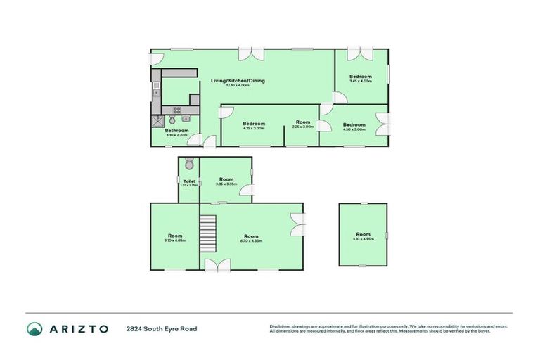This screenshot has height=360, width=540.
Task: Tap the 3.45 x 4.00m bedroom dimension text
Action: pos(360,82)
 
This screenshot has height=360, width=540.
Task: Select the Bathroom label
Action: pos(176,130)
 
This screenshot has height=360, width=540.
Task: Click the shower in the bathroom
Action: pos(157,121)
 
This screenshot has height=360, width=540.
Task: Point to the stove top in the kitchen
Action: pos(177,110)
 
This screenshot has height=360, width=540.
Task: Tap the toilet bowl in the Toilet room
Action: pos(188,165)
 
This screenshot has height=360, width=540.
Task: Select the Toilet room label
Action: pos(189,181)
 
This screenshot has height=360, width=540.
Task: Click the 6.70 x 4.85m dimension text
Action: pos(251,241)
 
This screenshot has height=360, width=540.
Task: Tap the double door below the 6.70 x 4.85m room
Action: pos(218,264)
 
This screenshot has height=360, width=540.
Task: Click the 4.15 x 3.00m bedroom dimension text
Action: pos(253,128)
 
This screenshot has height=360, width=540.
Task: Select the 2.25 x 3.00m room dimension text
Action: pos(303,127)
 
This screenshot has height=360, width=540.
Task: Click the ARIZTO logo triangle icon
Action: pos(35,329)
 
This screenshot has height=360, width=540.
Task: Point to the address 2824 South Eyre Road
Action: pos(162,329)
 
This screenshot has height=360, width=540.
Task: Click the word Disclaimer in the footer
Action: pos(281,326)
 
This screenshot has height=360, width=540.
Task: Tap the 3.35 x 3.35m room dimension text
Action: pos(226,184)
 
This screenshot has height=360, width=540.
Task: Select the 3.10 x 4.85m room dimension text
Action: pos(175,240)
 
